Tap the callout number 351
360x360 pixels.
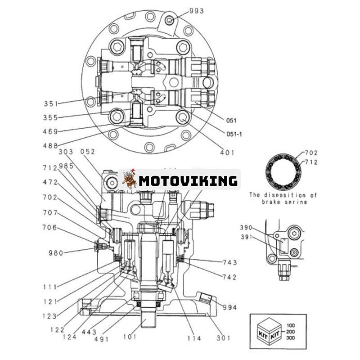51,103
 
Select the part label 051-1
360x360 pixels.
234,134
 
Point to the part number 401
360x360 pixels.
227,153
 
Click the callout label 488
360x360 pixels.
51,145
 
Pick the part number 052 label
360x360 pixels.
88,152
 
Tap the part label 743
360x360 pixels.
229,262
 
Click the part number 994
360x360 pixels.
229,307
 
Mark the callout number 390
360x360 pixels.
246,228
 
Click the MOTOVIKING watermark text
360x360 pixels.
188,181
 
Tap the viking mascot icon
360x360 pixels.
130,180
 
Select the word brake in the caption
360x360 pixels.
274,202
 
